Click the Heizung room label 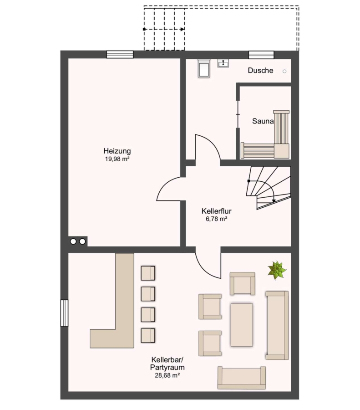tap(117, 151)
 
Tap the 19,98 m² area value tap(117, 159)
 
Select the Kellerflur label tap(216, 211)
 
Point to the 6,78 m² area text tap(216, 219)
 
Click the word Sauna tap(263, 121)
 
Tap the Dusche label tap(260, 71)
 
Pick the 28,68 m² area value tap(167, 375)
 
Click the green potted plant tap(277, 270)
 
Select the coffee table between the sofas tap(242, 325)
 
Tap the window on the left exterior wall tap(64, 313)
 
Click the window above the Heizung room tap(120, 54)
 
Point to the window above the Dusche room tap(261, 55)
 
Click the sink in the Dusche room tap(223, 63)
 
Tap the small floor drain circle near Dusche tap(284, 71)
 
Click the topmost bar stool tap(148, 273)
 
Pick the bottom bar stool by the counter tap(148, 336)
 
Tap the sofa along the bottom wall tap(242, 378)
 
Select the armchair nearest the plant tap(243, 284)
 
